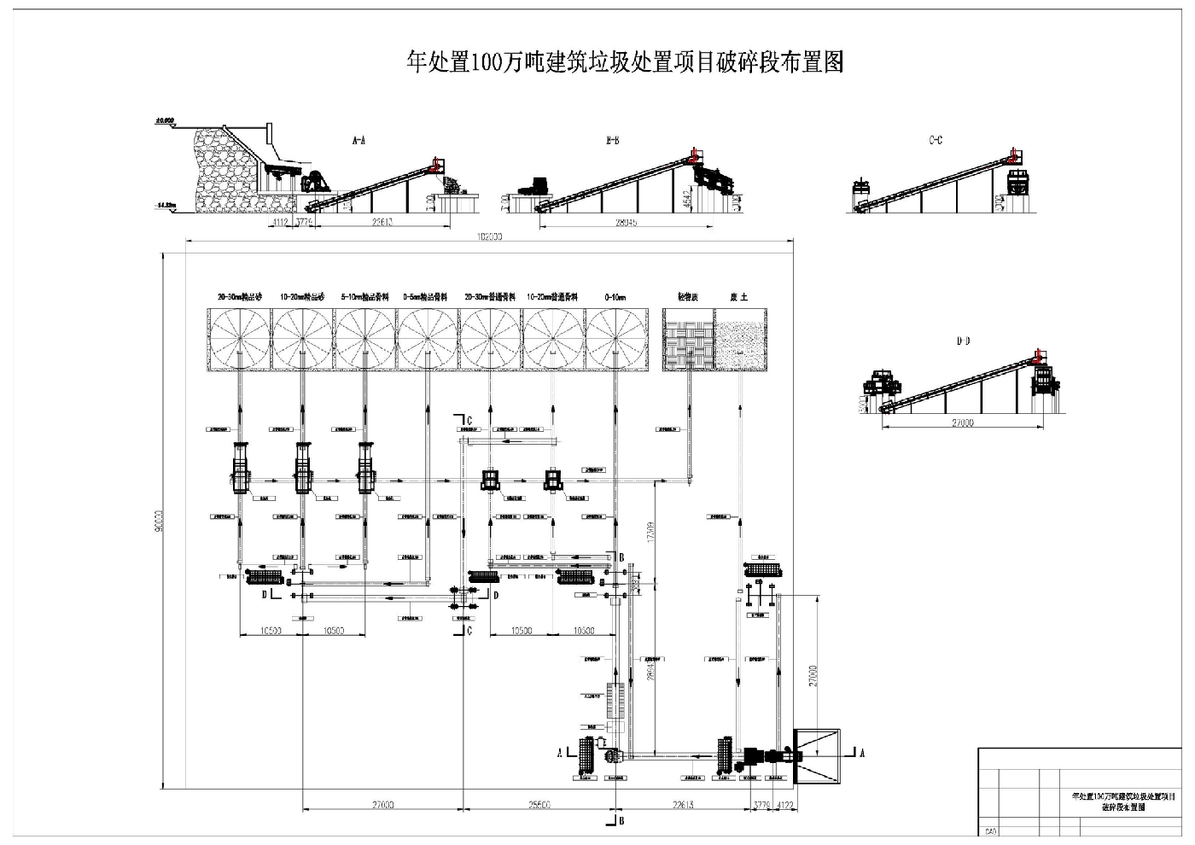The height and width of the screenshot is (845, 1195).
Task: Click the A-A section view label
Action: pos(358,141)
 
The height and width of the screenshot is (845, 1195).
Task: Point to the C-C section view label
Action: pos(936,141)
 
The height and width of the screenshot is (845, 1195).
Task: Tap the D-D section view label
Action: pos(963,341)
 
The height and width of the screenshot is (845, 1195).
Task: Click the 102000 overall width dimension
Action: pos(491,238)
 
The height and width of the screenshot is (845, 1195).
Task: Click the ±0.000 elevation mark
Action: pos(164,120)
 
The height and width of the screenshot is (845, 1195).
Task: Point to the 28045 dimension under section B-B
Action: pos(626,224)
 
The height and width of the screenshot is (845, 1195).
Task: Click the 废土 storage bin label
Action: pos(738,298)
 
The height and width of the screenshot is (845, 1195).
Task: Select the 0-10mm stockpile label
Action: pos(615,298)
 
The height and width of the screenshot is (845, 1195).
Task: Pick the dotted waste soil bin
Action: pos(741,340)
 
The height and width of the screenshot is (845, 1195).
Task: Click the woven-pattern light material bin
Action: pos(688,340)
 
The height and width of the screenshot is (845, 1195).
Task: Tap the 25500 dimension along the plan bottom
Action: pos(539,805)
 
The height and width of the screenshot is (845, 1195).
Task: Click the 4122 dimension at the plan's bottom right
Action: pos(785,805)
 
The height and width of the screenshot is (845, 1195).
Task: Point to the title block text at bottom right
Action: pos(1122,801)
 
